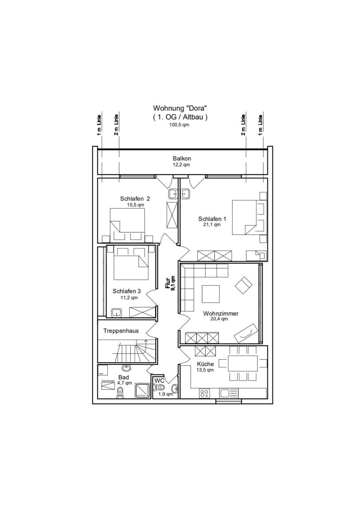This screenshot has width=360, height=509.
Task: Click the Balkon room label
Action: (x=182, y=158)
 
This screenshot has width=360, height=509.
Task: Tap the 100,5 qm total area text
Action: (x=179, y=125)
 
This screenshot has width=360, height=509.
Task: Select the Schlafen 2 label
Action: (x=135, y=199)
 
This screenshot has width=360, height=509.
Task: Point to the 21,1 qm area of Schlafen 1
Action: (x=212, y=225)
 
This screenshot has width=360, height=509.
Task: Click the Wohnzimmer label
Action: (x=221, y=313)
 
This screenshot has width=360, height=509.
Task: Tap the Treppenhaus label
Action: (x=121, y=331)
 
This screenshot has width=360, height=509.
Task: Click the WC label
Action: (x=159, y=380)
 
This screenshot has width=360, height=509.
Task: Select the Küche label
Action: (x=205, y=364)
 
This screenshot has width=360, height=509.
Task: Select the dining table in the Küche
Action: (x=243, y=369)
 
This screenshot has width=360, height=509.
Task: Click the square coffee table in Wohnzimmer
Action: (x=211, y=294)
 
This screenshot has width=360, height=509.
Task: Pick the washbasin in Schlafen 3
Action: (x=117, y=313)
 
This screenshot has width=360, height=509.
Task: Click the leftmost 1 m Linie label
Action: (x=99, y=125)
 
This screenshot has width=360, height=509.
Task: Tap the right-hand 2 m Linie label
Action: (x=243, y=125)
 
